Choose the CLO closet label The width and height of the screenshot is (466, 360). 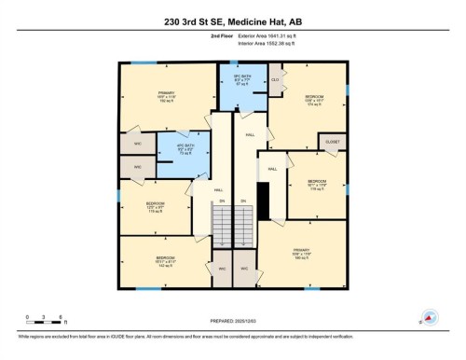point(275,80)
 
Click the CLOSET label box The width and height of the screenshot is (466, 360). point(331,141)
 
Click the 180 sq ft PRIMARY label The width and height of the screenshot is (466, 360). point(303,254)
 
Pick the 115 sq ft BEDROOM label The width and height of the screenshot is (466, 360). point(155,207)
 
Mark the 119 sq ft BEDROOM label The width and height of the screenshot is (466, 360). point(318,185)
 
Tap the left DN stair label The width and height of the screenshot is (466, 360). point(223,201)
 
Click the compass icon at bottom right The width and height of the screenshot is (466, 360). point(430,317)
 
